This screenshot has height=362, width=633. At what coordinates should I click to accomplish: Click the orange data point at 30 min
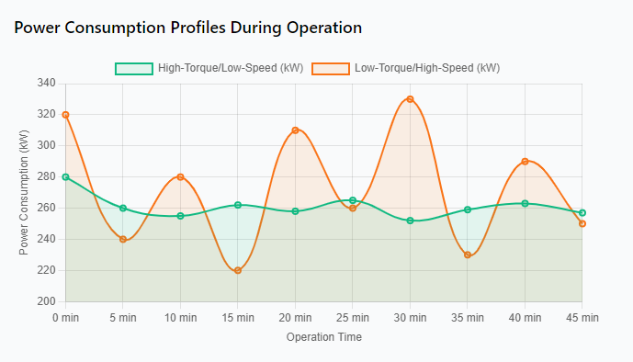point(410,99)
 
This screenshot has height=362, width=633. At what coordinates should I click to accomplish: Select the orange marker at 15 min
point(238,270)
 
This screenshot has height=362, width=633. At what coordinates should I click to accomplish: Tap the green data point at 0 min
point(66,177)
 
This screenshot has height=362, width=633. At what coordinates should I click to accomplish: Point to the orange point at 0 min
point(66,115)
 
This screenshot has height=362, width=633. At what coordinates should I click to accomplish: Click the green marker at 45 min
point(582,212)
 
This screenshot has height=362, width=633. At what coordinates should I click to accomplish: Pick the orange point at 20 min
point(295,130)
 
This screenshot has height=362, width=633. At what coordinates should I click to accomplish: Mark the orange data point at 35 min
point(468,255)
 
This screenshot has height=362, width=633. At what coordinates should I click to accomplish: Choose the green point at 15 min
point(238,205)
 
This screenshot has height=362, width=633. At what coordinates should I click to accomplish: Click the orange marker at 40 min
point(525,162)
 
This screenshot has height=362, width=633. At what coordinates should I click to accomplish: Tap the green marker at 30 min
point(410,221)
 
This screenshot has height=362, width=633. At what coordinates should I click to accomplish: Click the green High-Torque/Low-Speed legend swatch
point(134,69)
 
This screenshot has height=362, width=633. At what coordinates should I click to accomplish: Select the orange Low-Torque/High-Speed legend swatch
point(331,69)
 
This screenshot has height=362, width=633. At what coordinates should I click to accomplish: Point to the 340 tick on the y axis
point(47,83)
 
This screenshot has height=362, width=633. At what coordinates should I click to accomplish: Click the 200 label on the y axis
point(47,301)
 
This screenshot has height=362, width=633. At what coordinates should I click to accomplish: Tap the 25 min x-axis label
point(353,318)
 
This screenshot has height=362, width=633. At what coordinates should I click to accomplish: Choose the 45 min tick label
point(582,318)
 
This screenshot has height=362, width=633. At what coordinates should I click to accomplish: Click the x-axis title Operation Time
point(324,337)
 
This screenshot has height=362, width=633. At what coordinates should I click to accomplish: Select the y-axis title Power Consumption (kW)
point(24,193)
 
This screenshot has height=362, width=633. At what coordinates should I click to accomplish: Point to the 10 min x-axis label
point(180,318)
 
